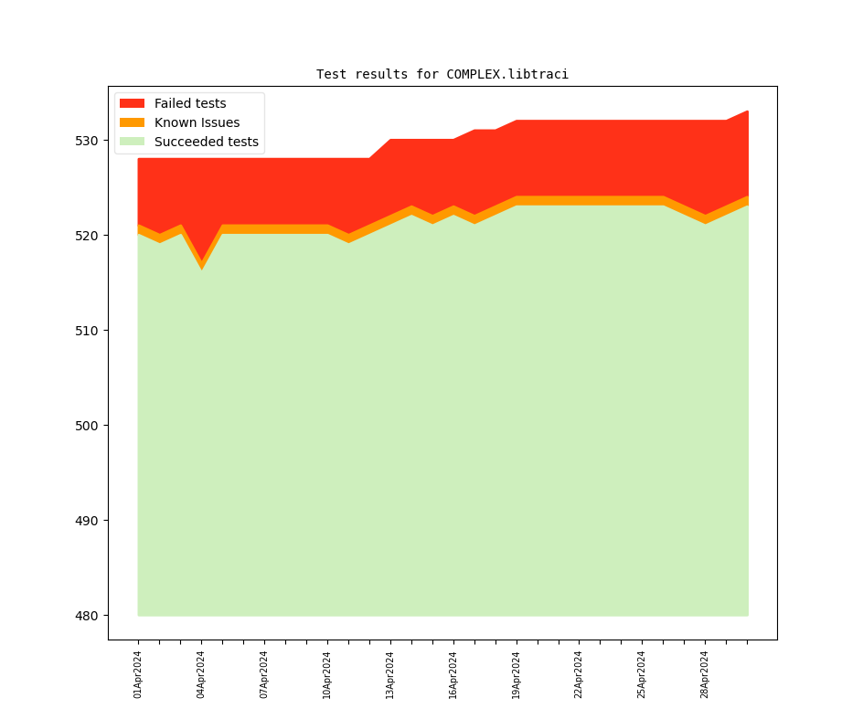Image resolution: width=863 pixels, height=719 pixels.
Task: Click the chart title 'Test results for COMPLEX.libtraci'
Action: tap(442, 74)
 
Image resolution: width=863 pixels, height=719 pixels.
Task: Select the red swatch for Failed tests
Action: tap(132, 103)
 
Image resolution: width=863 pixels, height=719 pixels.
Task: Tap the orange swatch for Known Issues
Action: tap(132, 122)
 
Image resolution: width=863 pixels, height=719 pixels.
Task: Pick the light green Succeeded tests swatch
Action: tap(132, 142)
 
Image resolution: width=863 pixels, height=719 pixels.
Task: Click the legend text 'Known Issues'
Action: tap(197, 122)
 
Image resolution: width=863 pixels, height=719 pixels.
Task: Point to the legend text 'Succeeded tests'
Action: tap(206, 142)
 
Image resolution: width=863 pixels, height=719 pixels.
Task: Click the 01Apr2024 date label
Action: tap(138, 674)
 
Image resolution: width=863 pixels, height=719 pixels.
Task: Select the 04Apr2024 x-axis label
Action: tap(201, 674)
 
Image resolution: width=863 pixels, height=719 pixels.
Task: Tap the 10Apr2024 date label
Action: tap(327, 674)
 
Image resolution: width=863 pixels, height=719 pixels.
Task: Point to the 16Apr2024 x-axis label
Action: tap(453, 674)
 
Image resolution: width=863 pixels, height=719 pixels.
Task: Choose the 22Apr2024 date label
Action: tap(579, 674)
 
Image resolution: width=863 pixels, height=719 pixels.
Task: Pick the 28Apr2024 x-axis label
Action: tap(705, 674)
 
